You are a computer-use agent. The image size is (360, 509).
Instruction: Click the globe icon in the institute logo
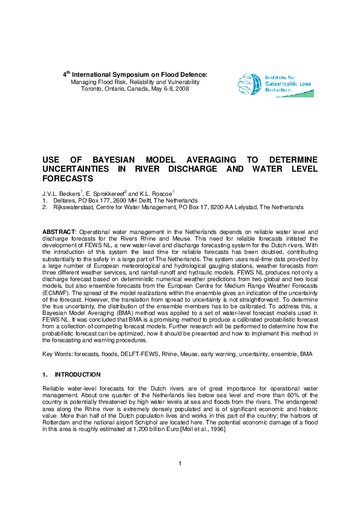[250, 85]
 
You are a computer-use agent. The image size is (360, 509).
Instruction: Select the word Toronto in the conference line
[92, 88]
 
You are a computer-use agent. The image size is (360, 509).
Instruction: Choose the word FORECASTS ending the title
[67, 179]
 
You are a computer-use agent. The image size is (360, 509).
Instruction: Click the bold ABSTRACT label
[59, 232]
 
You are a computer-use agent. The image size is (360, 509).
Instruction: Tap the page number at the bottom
[180, 481]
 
